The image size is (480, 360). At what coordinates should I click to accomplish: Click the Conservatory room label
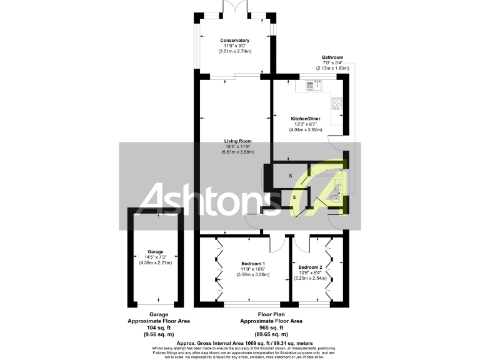[x=234, y=40]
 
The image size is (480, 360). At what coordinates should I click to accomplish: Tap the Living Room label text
[x=234, y=141]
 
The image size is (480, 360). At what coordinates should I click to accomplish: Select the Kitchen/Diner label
[x=306, y=118]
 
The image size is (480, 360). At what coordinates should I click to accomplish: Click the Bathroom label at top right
[x=332, y=57]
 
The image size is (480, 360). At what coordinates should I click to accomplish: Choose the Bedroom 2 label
[x=310, y=267]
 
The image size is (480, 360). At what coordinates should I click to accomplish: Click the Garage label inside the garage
[x=155, y=251]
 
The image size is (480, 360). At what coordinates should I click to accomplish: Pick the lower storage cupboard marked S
[x=294, y=197]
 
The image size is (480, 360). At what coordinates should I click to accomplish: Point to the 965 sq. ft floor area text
[x=271, y=327]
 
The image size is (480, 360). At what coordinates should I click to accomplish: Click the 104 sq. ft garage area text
[x=158, y=327]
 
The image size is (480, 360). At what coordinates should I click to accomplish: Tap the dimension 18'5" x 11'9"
[x=234, y=147]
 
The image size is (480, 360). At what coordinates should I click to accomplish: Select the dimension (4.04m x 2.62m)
[x=306, y=130]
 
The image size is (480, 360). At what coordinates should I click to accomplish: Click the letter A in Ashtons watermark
[x=156, y=199]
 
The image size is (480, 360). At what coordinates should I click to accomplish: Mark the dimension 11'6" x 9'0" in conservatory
[x=234, y=46]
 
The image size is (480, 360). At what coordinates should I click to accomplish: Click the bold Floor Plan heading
[x=271, y=314]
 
